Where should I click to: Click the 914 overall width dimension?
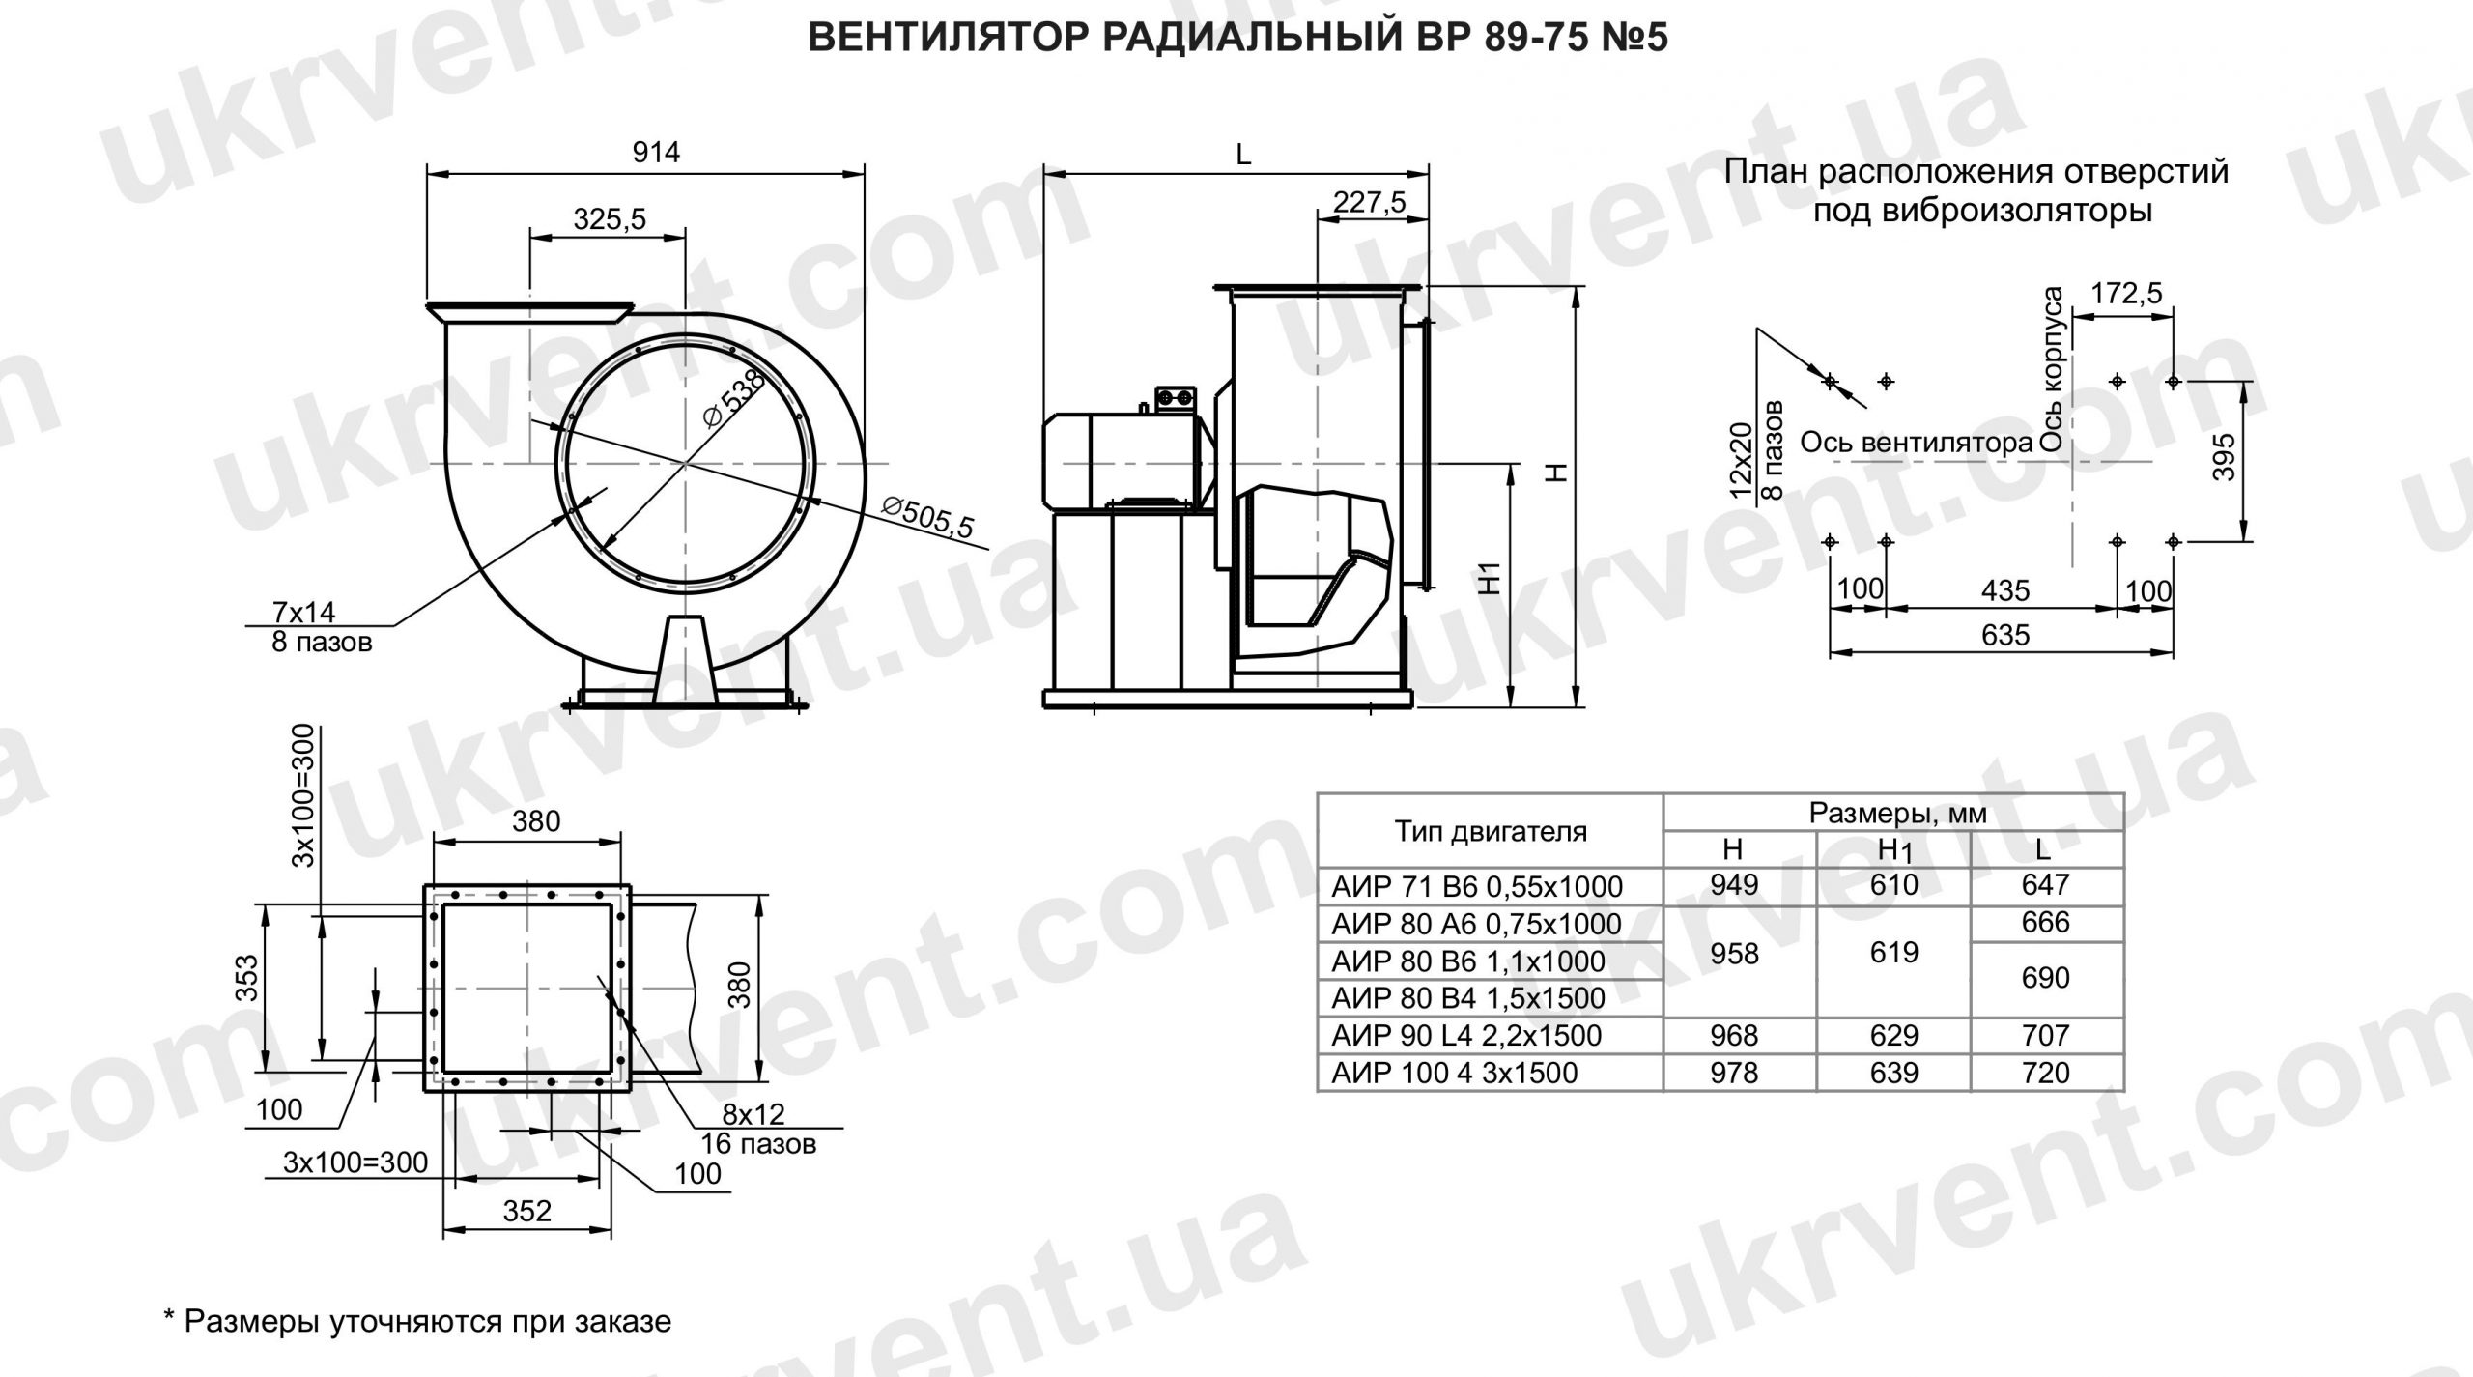click(656, 153)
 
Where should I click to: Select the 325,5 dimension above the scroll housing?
click(609, 220)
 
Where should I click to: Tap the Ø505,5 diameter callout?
click(928, 520)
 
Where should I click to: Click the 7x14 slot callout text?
click(303, 613)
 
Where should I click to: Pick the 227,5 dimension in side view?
click(1369, 202)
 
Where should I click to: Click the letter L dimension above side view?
click(1243, 155)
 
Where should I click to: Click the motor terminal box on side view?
click(1176, 398)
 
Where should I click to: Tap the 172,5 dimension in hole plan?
click(2126, 293)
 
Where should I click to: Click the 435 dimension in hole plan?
click(2004, 590)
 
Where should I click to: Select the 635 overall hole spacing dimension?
click(2004, 636)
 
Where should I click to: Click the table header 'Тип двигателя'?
click(1490, 831)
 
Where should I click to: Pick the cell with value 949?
click(1734, 884)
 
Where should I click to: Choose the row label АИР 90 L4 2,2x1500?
click(1466, 1036)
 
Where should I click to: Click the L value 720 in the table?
click(2045, 1073)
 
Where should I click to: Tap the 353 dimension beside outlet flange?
click(247, 978)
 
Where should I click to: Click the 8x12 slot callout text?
click(753, 1115)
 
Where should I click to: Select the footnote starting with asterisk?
click(417, 1321)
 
